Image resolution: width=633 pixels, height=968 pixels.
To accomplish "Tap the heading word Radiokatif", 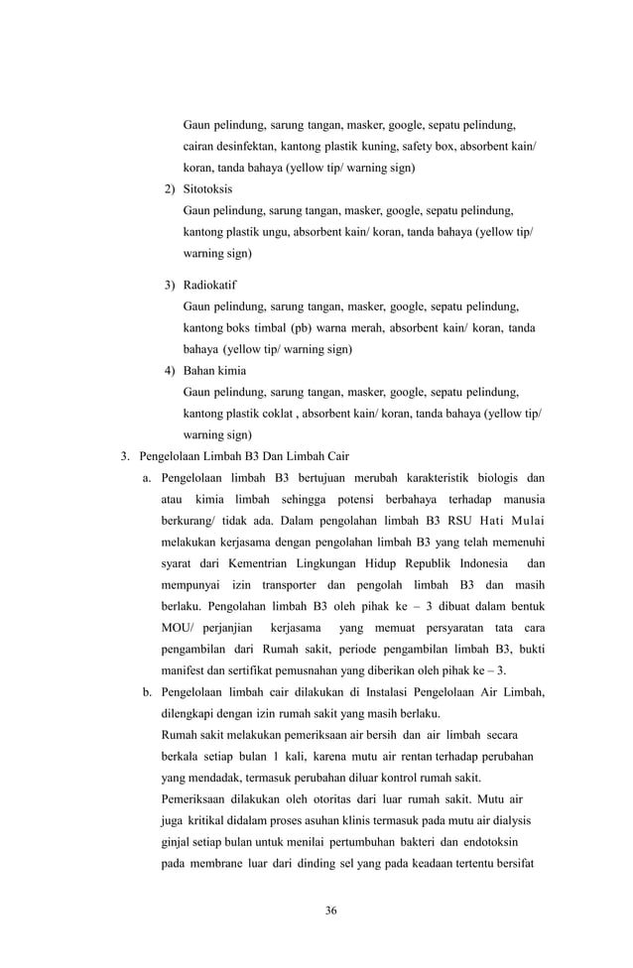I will [210, 286].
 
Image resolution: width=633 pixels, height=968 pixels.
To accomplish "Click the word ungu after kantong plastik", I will [274, 232].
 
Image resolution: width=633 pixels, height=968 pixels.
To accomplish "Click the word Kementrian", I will [262, 563].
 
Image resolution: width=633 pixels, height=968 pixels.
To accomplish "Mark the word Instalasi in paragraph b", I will [360, 692].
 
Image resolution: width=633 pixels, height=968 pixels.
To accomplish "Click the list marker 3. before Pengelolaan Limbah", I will [125, 457].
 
